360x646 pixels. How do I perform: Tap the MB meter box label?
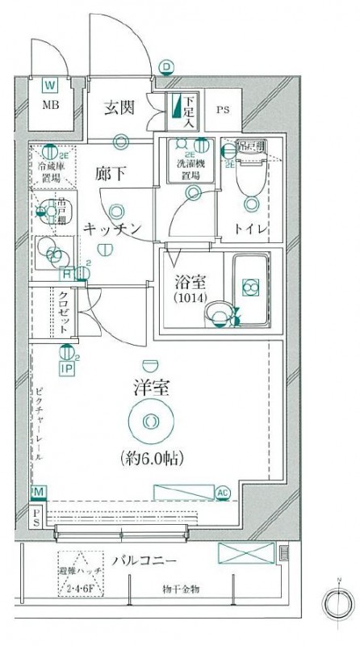click(x=49, y=105)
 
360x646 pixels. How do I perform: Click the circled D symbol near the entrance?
click(x=165, y=67)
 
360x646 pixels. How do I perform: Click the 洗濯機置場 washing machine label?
click(x=191, y=167)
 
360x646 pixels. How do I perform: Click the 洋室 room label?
click(x=151, y=387)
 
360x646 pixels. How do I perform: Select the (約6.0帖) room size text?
click(x=151, y=459)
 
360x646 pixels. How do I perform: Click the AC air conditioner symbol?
click(x=222, y=491)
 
